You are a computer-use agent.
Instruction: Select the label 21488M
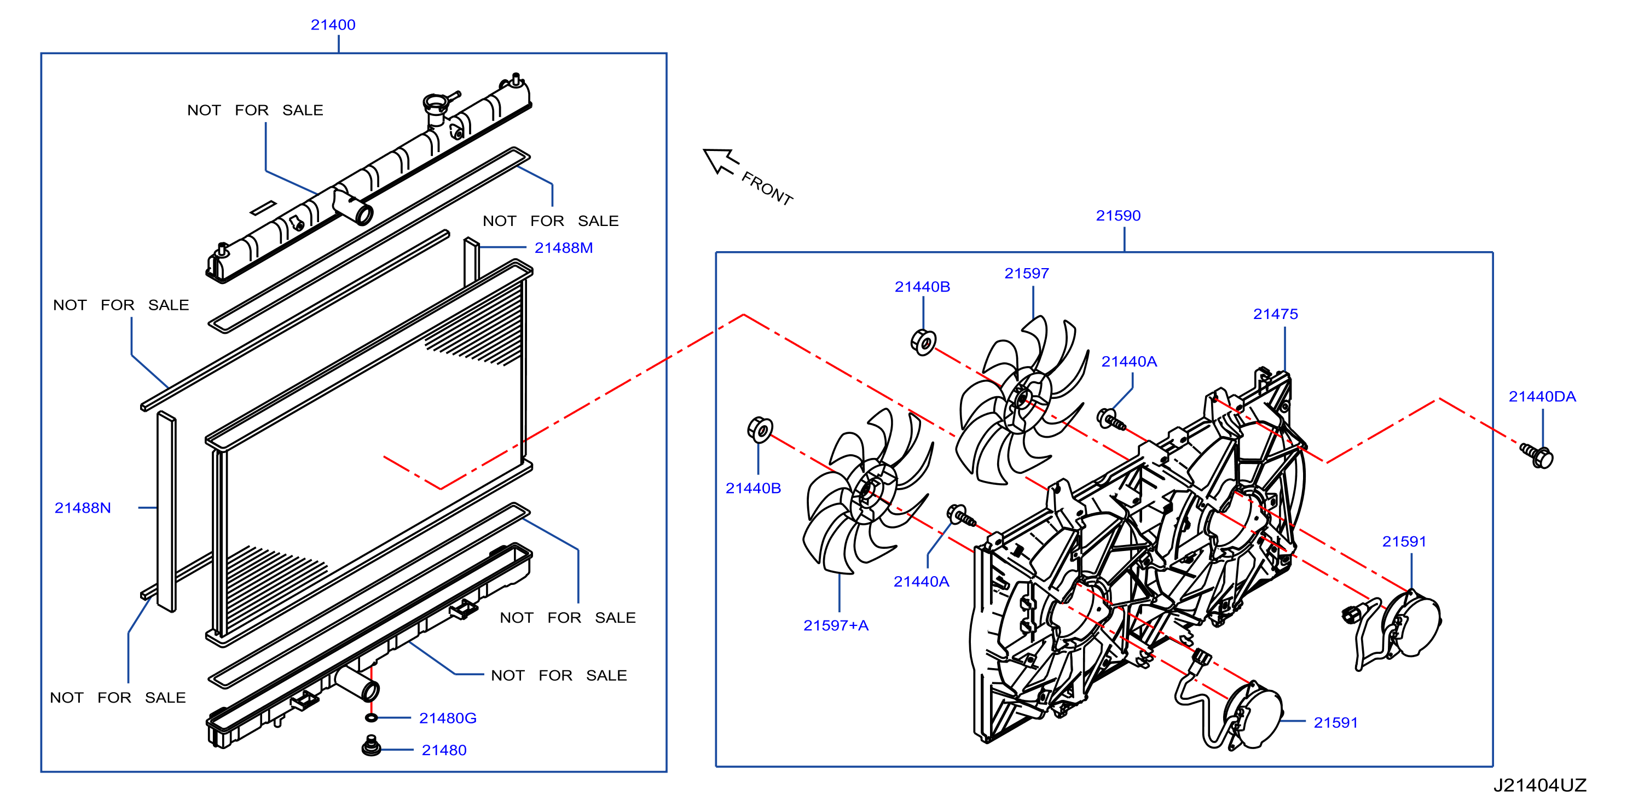(564, 248)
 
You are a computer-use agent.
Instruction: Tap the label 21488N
(83, 508)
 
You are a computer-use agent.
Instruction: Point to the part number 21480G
(448, 718)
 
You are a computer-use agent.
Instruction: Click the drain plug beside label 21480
(371, 746)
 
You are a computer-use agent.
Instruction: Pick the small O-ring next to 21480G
(371, 717)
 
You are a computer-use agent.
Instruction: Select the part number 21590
(1119, 216)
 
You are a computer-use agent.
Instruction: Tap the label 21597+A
(836, 625)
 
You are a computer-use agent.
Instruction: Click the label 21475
(1275, 315)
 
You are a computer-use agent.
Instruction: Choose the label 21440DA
(1542, 397)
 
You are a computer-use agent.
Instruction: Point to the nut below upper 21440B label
(923, 343)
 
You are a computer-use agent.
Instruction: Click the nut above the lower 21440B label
(760, 430)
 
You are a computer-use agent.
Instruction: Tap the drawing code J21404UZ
(1540, 786)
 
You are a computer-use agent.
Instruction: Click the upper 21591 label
(1404, 542)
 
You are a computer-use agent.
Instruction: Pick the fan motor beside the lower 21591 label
(1252, 715)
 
